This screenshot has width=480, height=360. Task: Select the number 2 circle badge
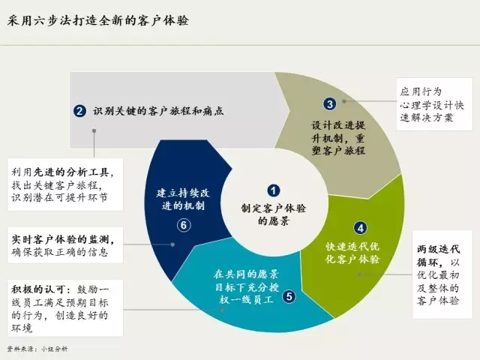tap(79, 111)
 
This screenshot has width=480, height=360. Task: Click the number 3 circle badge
tap(329, 104)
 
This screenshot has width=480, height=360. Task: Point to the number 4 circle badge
tap(361, 228)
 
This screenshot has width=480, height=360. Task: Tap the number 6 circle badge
tap(182, 224)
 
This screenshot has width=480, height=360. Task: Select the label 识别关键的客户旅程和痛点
tap(158, 111)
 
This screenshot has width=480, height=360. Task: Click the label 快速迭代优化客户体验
tap(352, 253)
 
